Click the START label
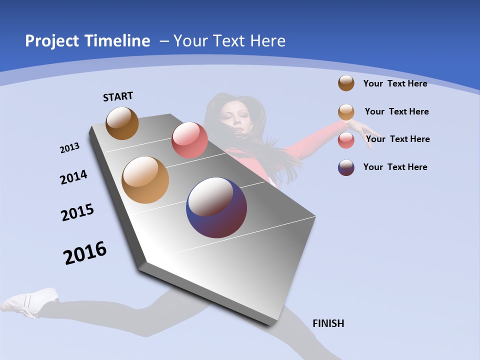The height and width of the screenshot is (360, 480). [x=118, y=96]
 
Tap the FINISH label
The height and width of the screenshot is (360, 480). [x=328, y=323]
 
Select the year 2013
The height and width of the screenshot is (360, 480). [x=70, y=148]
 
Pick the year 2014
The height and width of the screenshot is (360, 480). [x=74, y=177]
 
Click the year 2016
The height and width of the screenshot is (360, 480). [x=85, y=253]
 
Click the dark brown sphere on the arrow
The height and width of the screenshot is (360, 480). [x=122, y=123]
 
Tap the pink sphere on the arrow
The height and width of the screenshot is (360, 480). [x=189, y=140]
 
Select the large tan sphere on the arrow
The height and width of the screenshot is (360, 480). [x=145, y=180]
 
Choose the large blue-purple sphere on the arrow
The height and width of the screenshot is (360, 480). [x=216, y=207]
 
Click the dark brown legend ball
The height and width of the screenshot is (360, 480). [x=346, y=83]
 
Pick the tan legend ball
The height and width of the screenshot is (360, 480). [x=346, y=112]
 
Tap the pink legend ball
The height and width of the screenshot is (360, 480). [x=346, y=140]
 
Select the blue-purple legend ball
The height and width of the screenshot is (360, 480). [x=346, y=167]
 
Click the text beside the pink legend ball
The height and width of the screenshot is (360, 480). [x=397, y=139]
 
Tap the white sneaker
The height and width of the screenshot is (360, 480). [x=30, y=301]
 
